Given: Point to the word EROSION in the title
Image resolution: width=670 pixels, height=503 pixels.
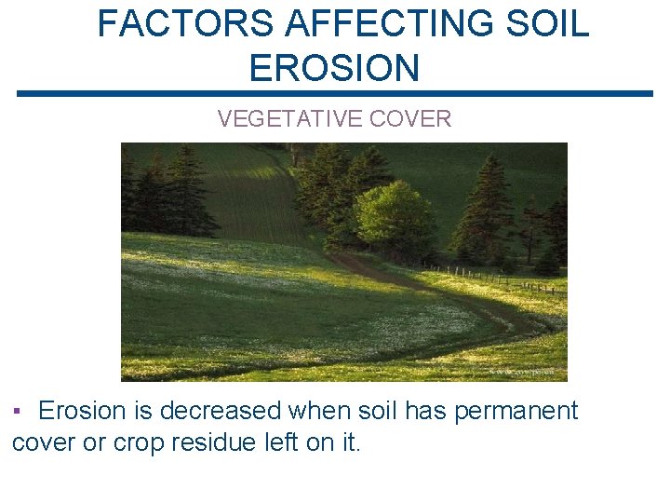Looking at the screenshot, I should click(335, 68).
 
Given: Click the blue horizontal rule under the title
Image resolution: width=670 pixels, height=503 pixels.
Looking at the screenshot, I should click(335, 93).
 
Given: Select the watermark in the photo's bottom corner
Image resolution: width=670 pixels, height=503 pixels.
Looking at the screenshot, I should click(537, 372).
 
